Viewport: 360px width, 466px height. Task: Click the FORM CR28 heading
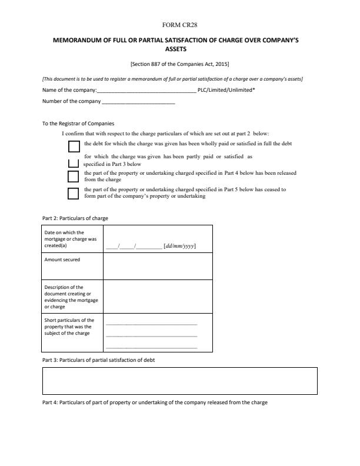click(180, 25)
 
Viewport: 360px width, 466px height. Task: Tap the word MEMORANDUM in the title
click(80, 42)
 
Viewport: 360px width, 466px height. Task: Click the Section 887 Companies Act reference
click(180, 64)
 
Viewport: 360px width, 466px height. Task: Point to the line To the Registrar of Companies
click(78, 124)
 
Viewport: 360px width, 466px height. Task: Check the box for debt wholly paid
click(74, 146)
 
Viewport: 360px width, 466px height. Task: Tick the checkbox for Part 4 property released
click(74, 176)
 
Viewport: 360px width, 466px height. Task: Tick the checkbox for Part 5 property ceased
click(74, 193)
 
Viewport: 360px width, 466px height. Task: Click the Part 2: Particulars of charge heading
click(75, 218)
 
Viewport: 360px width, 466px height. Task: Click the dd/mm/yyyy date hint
click(180, 247)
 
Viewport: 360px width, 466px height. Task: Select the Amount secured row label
click(62, 259)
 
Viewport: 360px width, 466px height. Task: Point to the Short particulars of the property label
click(69, 327)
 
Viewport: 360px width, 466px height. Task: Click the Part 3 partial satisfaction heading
click(98, 360)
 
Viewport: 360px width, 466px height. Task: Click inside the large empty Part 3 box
click(180, 381)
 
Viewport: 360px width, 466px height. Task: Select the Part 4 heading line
click(155, 402)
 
